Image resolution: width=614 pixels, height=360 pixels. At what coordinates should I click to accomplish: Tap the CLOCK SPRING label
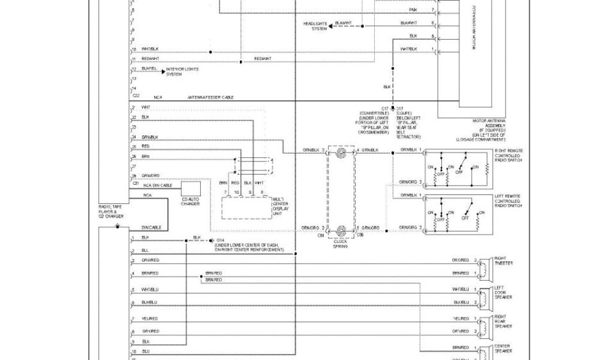[x=341, y=244]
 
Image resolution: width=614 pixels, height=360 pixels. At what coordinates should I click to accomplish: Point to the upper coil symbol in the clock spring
[x=341, y=154]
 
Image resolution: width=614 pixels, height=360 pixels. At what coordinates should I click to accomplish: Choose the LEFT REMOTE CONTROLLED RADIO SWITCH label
[x=508, y=201]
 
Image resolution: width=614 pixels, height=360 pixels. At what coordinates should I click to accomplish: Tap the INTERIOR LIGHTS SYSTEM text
[x=173, y=71]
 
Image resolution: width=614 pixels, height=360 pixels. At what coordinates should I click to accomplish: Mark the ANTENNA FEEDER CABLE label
[x=210, y=97]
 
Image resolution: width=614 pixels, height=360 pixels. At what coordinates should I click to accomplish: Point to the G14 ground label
[x=218, y=238]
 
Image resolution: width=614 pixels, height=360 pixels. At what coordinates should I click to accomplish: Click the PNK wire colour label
[x=414, y=10]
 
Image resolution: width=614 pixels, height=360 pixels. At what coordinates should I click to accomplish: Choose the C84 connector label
[x=321, y=236]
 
